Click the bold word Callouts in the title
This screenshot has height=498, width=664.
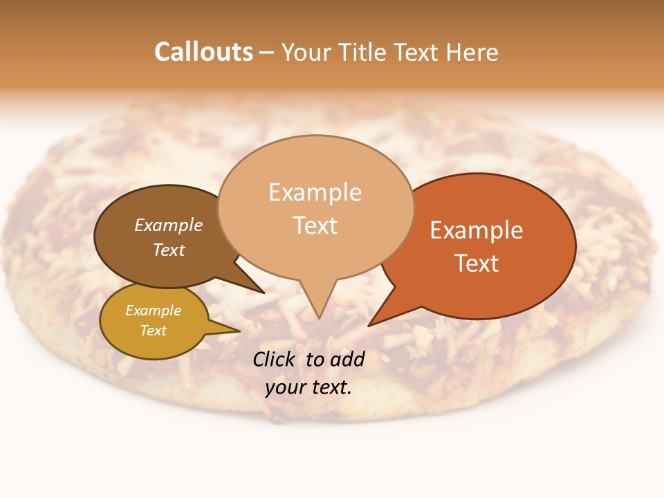click(203, 52)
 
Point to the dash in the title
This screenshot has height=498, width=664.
click(266, 53)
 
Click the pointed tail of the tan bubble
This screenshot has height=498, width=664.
click(317, 304)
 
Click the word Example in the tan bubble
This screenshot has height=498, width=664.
click(315, 192)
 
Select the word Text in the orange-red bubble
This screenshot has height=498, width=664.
click(477, 264)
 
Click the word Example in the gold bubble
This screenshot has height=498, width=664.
click(153, 311)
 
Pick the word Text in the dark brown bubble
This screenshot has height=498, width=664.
click(169, 250)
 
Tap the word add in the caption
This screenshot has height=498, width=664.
click(347, 359)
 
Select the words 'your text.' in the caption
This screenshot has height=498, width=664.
click(308, 387)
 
